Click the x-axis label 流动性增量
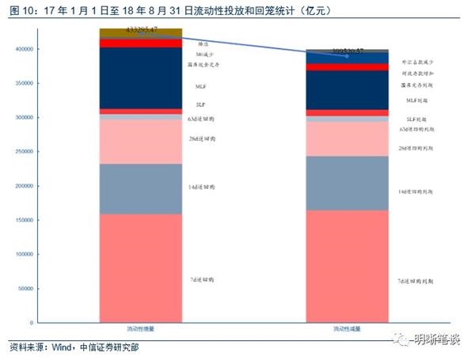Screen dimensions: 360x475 point(141,328)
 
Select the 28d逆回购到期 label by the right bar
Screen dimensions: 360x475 point(416,148)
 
